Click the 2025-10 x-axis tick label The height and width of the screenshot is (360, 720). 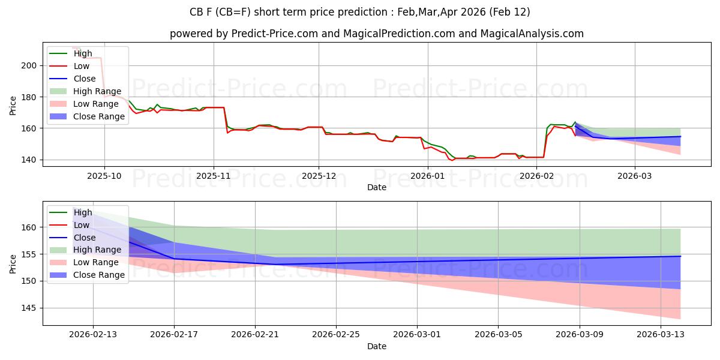104,176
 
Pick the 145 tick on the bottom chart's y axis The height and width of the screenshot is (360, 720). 30,308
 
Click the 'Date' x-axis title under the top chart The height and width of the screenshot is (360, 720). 377,187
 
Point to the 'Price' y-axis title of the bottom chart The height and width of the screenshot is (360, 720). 13,263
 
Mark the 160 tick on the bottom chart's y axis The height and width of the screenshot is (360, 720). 30,227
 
